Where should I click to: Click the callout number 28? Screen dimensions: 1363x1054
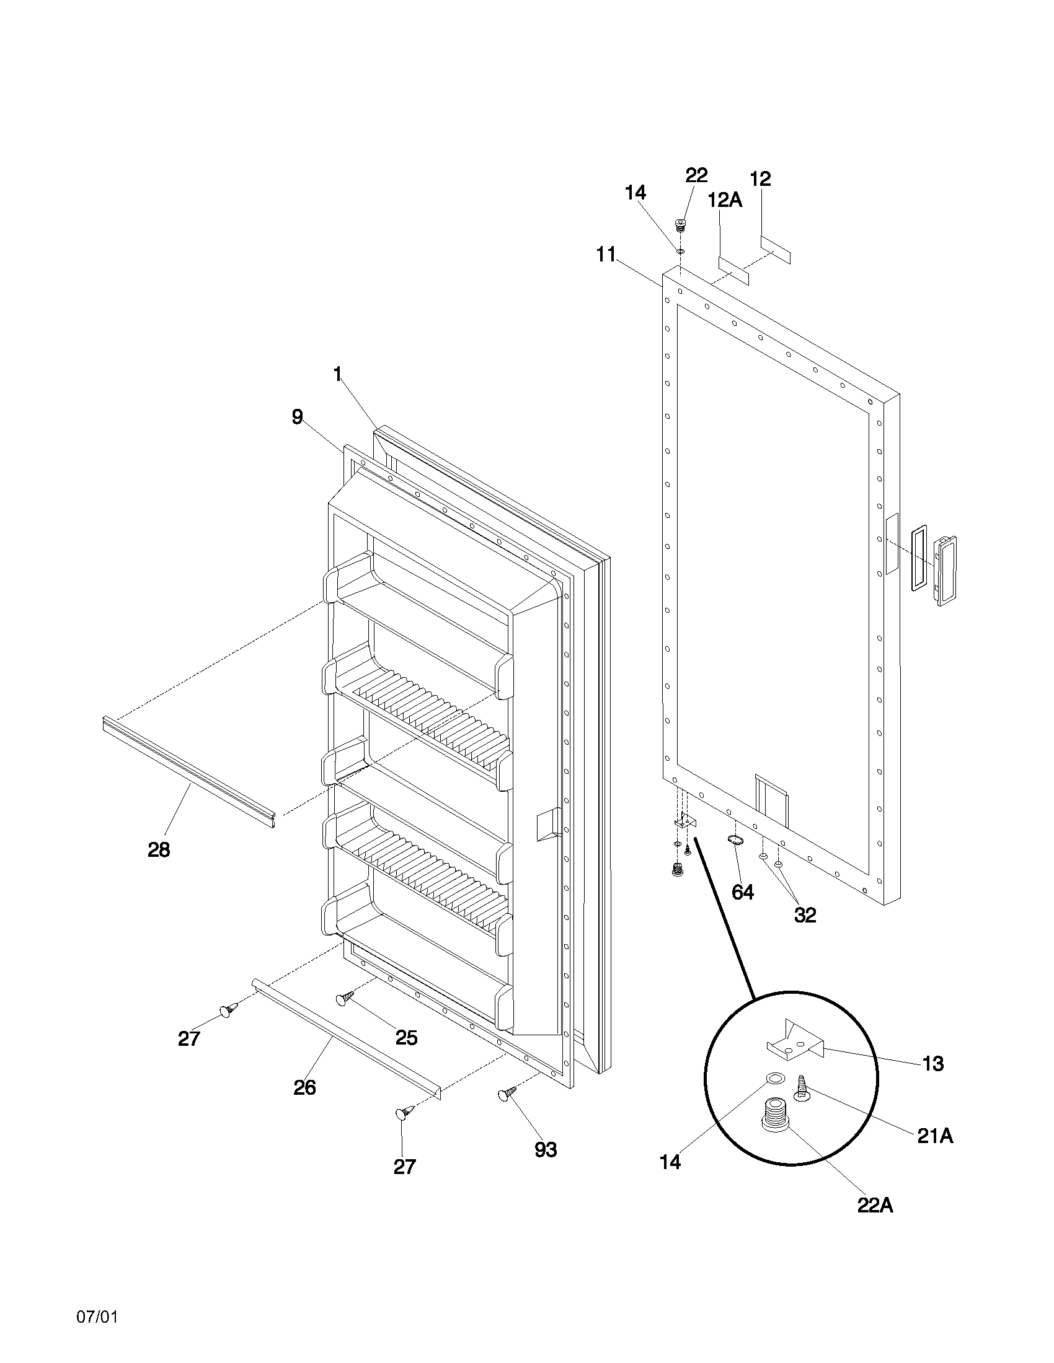[x=159, y=849]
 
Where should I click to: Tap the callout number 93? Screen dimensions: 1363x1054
[x=545, y=1149]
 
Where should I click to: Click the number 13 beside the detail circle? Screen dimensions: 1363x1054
[x=933, y=1063]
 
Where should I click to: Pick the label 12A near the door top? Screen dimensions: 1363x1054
[x=724, y=200]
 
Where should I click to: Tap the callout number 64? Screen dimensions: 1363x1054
[x=742, y=892]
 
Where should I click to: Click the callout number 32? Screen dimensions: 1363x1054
[x=805, y=915]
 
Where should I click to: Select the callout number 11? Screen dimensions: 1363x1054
[x=606, y=254]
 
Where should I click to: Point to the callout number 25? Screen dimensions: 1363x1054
[x=407, y=1037]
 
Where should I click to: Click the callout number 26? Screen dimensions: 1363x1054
[x=304, y=1087]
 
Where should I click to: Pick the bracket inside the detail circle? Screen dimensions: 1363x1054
[x=793, y=1041]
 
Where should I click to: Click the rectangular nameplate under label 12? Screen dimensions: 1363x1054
[x=775, y=250]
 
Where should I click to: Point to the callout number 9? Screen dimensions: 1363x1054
[x=297, y=417]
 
